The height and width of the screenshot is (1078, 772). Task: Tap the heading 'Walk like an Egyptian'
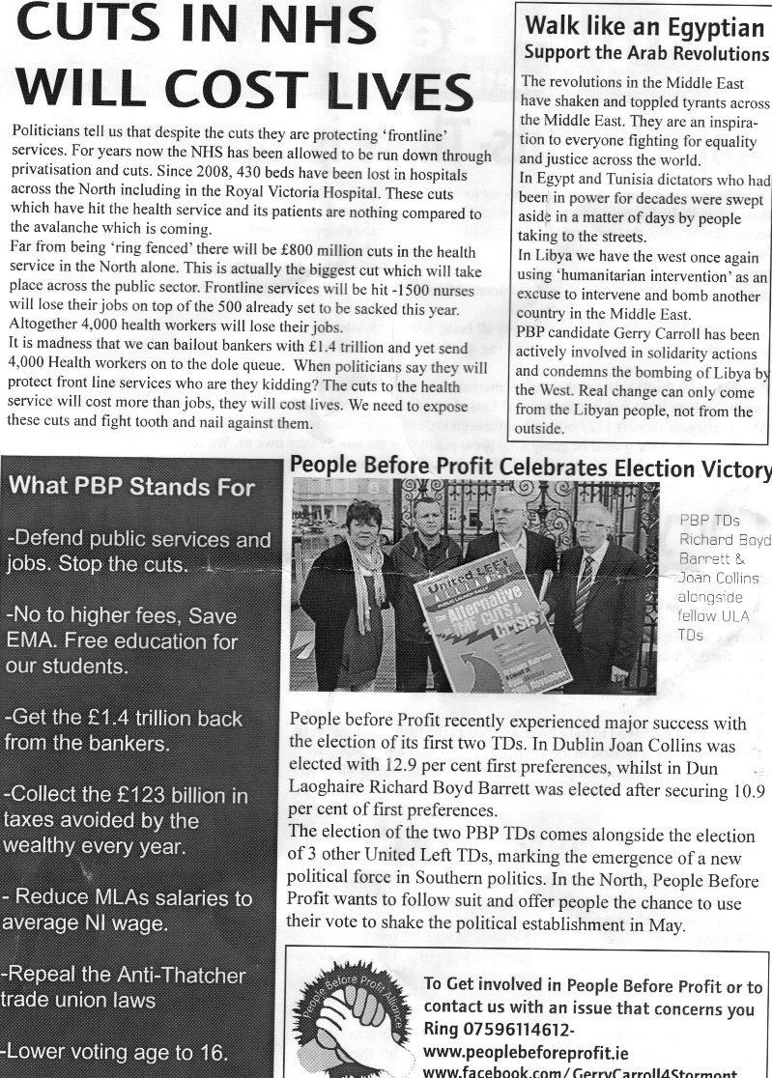point(643,24)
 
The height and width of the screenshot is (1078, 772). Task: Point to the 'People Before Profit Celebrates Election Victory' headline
point(530,468)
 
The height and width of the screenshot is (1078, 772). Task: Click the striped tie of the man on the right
point(584,589)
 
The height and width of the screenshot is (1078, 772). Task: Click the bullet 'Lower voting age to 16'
point(117,1051)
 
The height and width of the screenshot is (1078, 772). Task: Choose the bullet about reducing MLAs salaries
point(126,909)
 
